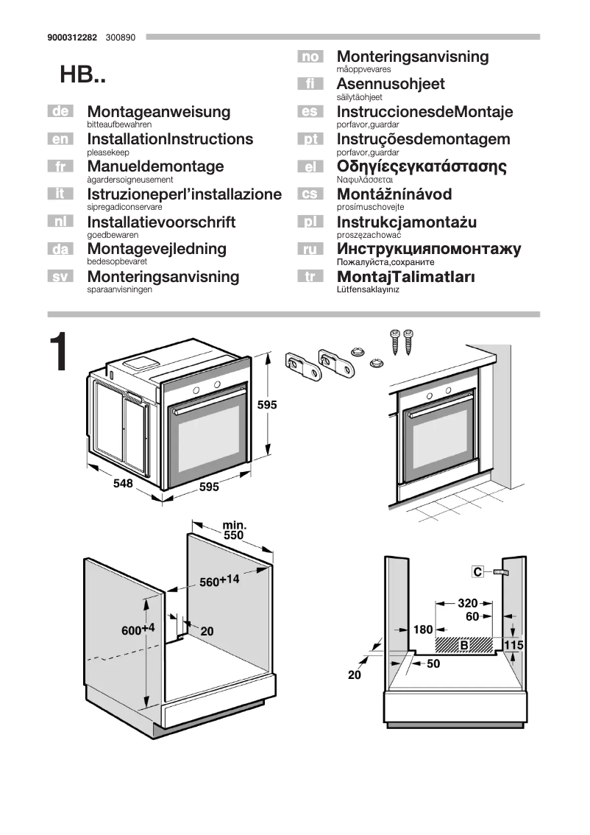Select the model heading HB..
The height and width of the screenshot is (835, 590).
point(82,75)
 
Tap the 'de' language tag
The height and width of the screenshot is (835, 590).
point(60,112)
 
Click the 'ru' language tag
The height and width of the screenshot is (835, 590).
point(310,250)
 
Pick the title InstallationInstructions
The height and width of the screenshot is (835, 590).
point(170,139)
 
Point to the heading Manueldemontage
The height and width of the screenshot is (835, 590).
point(155,166)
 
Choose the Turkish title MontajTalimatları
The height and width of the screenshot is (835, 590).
point(405,277)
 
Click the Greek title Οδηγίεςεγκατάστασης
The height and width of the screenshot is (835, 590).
point(422,166)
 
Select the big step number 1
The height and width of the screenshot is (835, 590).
point(60,353)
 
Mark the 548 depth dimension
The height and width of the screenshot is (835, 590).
point(123,484)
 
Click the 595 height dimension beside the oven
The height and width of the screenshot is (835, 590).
point(267,404)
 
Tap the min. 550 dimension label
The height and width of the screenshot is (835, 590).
point(233,532)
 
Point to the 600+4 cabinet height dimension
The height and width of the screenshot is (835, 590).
point(138,630)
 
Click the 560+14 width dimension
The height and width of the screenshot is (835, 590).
point(220,580)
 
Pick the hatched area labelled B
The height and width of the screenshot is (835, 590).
point(463,645)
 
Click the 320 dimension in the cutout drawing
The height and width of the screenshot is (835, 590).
point(468,602)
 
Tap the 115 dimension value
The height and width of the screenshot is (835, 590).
point(513,645)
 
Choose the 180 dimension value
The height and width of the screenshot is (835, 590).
point(423,630)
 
